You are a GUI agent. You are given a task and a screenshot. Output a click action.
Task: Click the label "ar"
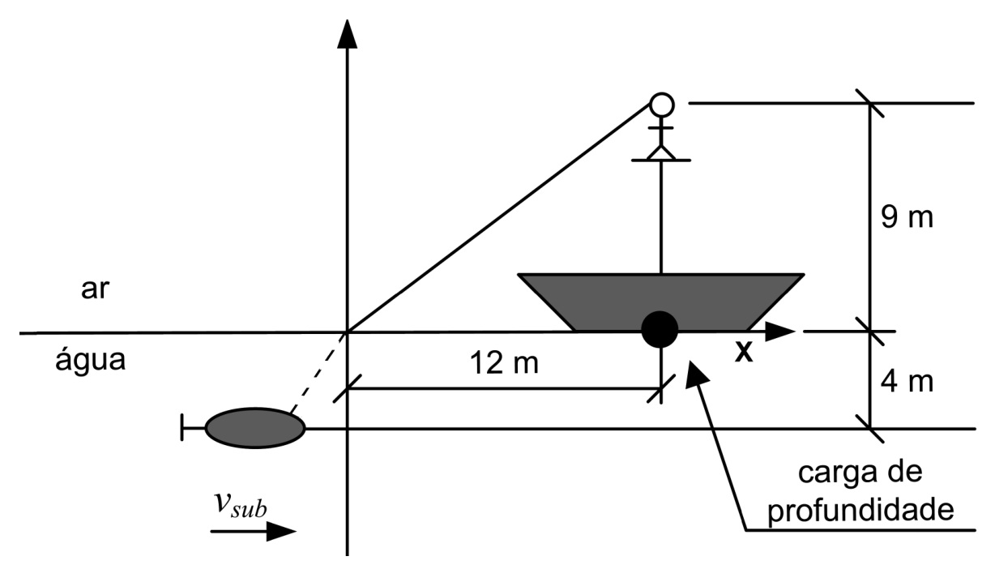coord(95,289)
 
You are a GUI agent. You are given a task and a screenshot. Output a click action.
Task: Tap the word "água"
coord(91,359)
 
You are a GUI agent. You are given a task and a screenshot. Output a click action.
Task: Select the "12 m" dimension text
coord(504,362)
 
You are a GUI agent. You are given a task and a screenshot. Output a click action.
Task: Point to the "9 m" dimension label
coord(907,217)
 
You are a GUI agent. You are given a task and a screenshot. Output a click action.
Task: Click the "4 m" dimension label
coord(907,382)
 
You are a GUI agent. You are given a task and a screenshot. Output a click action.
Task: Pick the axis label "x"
coord(744,352)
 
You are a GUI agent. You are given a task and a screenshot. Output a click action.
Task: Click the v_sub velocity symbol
coord(241,504)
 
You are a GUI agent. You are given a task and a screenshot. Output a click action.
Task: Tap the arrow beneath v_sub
coord(253,531)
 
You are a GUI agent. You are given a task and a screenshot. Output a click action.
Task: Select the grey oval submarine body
coord(255,428)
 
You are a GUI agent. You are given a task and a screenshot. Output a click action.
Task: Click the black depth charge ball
coord(660,329)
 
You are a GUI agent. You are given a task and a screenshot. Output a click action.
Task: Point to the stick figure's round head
coord(662,105)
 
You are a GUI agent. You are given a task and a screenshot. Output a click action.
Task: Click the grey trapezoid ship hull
coord(661,302)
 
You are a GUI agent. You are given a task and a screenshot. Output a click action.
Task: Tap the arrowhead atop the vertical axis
coord(347,33)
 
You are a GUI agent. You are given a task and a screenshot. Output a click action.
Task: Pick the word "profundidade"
coord(860,509)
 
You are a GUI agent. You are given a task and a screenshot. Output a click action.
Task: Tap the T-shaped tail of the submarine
coord(193,428)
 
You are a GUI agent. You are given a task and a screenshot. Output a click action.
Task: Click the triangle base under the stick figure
coord(661,153)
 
